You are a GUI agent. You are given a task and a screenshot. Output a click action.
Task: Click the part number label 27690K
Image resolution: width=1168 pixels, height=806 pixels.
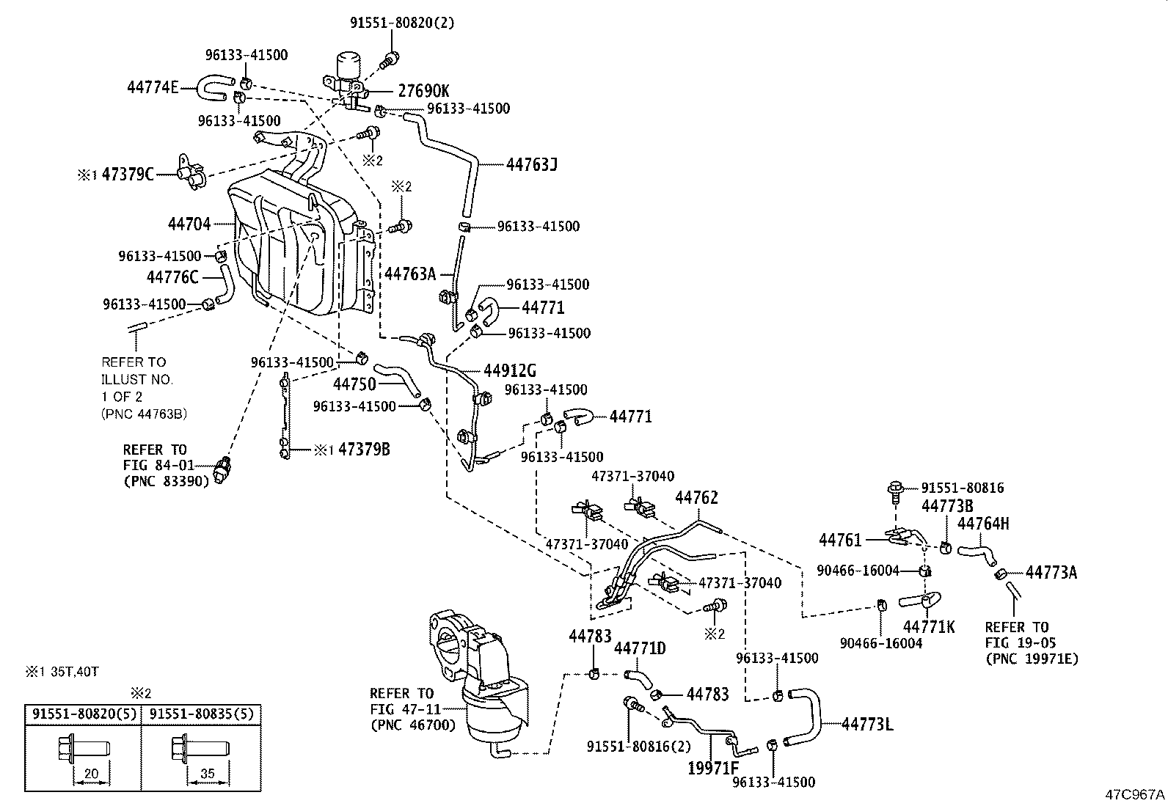pyautogui.click(x=423, y=91)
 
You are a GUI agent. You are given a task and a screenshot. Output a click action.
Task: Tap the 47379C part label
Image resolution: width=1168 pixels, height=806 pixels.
pyautogui.click(x=128, y=175)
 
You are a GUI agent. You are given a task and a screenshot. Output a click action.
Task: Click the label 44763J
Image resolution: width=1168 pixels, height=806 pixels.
pyautogui.click(x=532, y=164)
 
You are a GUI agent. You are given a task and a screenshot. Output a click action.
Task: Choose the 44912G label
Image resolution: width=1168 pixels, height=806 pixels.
pyautogui.click(x=510, y=370)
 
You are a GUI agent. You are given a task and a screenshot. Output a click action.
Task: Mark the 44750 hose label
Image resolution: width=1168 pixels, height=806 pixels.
pyautogui.click(x=354, y=384)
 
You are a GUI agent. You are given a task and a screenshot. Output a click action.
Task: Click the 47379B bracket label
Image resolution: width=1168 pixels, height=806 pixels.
pyautogui.click(x=364, y=450)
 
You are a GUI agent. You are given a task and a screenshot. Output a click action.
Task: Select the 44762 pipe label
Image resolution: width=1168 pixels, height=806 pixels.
pyautogui.click(x=696, y=497)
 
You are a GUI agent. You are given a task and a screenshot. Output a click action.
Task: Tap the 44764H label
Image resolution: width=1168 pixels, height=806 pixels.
pyautogui.click(x=983, y=524)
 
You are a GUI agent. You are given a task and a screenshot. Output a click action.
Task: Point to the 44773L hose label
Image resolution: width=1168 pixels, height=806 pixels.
pyautogui.click(x=867, y=725)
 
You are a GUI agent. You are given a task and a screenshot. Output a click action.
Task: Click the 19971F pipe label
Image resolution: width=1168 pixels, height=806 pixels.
pyautogui.click(x=713, y=768)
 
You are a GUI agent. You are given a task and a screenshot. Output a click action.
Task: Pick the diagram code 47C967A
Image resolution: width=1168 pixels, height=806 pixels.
pyautogui.click(x=1136, y=794)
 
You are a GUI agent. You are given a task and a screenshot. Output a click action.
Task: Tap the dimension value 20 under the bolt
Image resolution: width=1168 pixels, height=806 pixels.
pyautogui.click(x=92, y=773)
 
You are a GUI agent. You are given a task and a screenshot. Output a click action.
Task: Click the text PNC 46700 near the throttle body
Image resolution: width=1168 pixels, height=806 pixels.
pyautogui.click(x=413, y=725)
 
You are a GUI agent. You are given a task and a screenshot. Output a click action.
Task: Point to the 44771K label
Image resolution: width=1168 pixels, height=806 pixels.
pyautogui.click(x=929, y=626)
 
